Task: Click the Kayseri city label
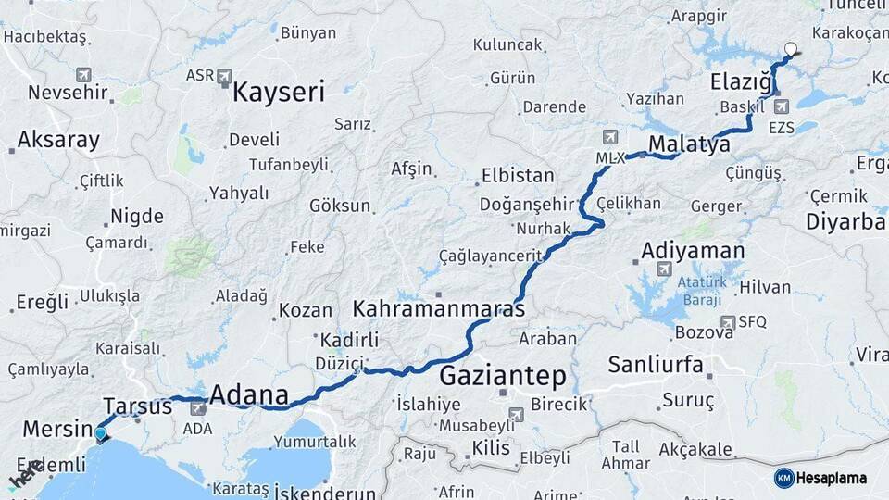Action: (279, 92)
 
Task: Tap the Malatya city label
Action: (690, 144)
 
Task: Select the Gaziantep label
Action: (502, 375)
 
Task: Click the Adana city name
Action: (249, 394)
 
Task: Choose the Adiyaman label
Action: (693, 250)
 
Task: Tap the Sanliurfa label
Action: (655, 364)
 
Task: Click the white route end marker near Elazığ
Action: (791, 50)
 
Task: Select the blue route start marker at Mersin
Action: (101, 432)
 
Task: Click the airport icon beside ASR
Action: (225, 77)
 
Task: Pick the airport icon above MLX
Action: (609, 137)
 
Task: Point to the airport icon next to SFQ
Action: (730, 321)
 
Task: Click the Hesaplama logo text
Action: (832, 478)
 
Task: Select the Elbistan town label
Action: (518, 175)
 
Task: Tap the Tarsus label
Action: (137, 406)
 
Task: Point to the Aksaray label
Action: (58, 141)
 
